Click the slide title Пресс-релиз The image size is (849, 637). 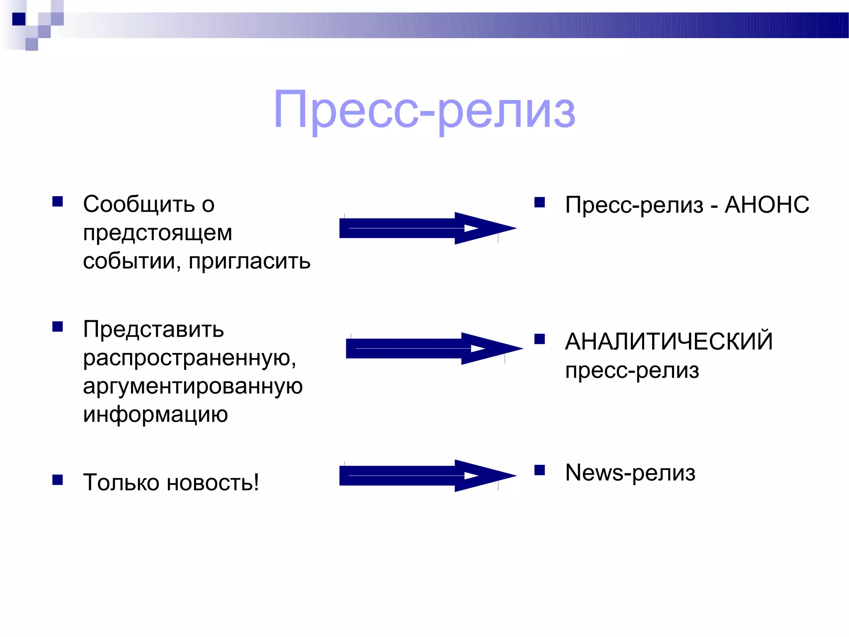click(424, 110)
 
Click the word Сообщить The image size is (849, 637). click(139, 204)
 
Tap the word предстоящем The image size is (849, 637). click(157, 233)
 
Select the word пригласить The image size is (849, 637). click(249, 262)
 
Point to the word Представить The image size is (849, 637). click(153, 329)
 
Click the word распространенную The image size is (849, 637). click(189, 357)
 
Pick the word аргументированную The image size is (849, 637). click(193, 386)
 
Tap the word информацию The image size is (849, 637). click(155, 414)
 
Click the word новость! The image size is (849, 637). click(213, 482)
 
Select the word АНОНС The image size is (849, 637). click(767, 205)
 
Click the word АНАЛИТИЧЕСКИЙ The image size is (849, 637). click(669, 342)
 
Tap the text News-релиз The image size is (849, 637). click(630, 473)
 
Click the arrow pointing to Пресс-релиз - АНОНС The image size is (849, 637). click(427, 228)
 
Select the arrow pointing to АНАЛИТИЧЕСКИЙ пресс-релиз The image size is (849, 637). click(434, 348)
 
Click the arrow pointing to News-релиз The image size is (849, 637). click(427, 476)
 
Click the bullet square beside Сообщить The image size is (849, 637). click(58, 202)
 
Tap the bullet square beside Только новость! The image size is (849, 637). click(58, 480)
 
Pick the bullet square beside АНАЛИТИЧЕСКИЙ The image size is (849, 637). click(539, 339)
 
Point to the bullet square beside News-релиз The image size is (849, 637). click(539, 470)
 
